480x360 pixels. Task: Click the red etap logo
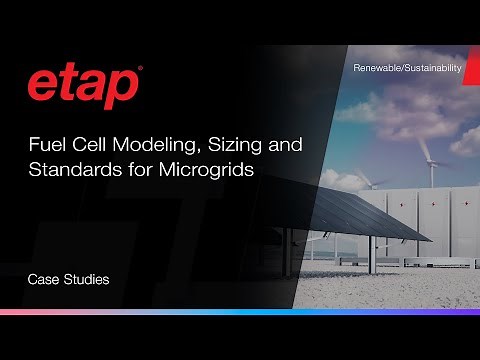point(82,87)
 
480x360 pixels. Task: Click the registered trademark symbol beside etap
point(140,70)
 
